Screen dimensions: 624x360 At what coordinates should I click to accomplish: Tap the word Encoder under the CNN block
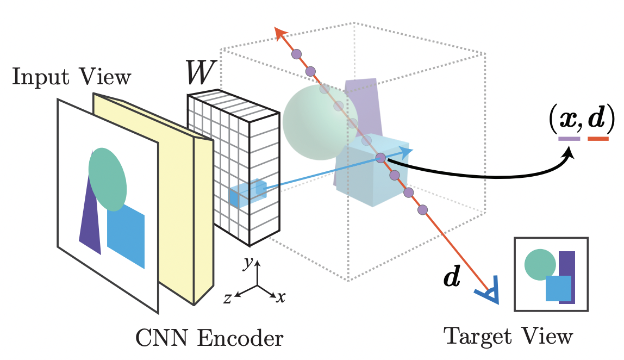(240, 339)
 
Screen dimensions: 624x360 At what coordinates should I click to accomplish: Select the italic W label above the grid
(201, 72)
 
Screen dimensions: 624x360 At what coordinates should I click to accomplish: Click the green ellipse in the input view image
(108, 179)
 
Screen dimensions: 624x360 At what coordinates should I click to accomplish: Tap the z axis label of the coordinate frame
(227, 298)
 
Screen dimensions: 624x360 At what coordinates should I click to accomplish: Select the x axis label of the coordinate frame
(281, 297)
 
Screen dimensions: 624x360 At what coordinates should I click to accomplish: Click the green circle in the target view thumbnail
(540, 264)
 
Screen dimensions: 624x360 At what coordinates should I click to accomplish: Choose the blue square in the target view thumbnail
(558, 288)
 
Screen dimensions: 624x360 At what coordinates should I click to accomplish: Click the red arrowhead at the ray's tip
(281, 34)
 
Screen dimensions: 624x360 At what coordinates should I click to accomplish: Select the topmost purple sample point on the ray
(296, 54)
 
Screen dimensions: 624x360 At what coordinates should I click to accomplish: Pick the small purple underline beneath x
(569, 139)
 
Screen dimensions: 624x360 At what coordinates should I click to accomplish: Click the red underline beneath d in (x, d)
(598, 139)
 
